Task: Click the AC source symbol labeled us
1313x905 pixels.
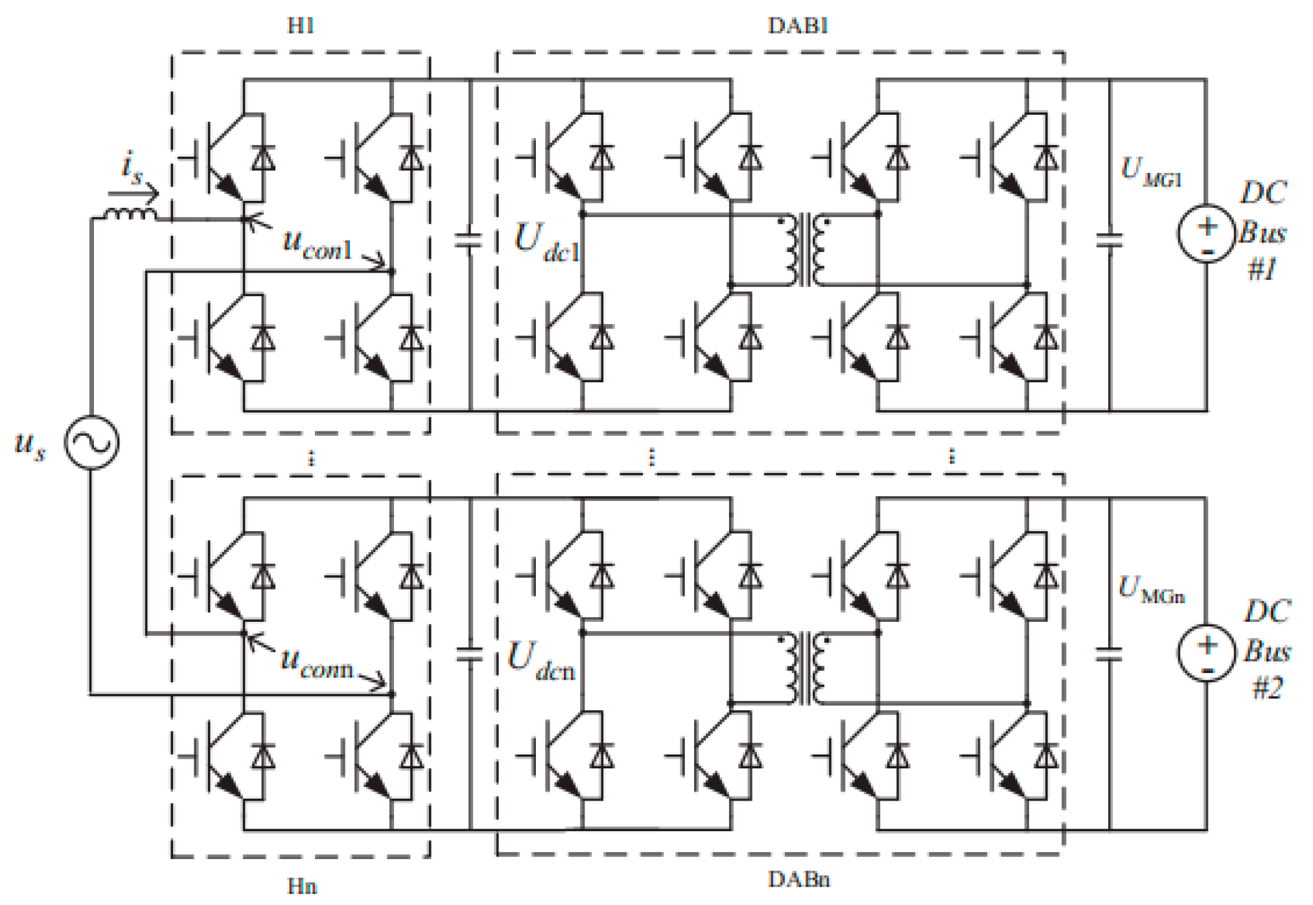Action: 91,442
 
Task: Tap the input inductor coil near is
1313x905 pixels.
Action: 131,214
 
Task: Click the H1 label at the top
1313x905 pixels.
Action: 301,26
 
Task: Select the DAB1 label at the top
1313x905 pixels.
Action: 798,26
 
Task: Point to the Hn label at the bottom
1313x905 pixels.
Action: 302,886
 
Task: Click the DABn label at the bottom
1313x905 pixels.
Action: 799,879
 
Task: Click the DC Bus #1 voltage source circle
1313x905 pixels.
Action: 1206,234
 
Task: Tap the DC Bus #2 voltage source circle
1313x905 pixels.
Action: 1206,652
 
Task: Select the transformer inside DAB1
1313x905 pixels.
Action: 804,250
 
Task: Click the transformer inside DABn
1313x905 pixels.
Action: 804,669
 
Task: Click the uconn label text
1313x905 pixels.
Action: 317,662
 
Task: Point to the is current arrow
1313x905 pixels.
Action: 133,192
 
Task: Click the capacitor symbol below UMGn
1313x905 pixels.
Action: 1109,655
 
